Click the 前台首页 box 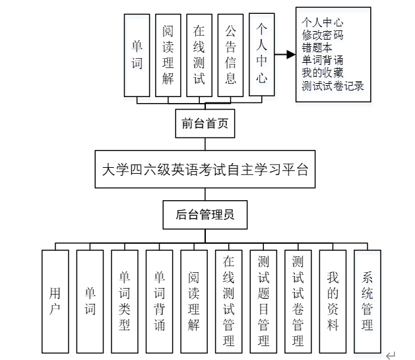coord(205,122)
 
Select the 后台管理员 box coord(205,215)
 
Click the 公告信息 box coord(231,55)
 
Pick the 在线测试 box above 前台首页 coord(200,55)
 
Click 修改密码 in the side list coord(323,35)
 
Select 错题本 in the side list coord(318,48)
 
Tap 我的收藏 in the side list coord(323,73)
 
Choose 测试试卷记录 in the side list coord(333,85)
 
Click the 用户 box coord(55,301)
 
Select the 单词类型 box coord(125,301)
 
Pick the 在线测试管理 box coord(228,301)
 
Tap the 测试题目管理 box coord(263,301)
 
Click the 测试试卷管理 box coord(298,301)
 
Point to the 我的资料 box coord(333,301)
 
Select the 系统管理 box coord(367,301)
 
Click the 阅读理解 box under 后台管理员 coord(194,301)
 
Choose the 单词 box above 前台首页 coord(137,55)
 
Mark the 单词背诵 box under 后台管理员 coord(159,301)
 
